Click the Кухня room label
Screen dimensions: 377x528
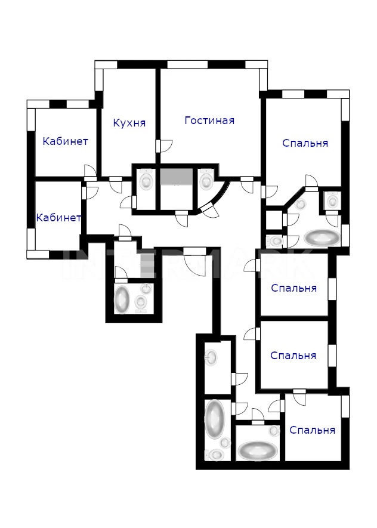click(129, 122)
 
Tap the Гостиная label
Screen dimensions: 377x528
click(209, 120)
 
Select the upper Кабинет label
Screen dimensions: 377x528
click(65, 141)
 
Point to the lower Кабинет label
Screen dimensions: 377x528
click(58, 218)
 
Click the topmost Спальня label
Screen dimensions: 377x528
click(305, 143)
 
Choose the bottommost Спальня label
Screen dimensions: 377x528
click(312, 430)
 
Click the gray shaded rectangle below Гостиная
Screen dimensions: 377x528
click(176, 177)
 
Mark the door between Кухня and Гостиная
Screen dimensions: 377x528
click(164, 146)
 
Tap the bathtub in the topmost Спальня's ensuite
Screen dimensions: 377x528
click(322, 237)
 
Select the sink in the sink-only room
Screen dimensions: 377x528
click(212, 357)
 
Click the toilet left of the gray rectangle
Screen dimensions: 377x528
click(146, 179)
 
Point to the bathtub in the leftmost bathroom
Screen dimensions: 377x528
click(122, 298)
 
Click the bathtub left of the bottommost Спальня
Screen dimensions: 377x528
click(258, 450)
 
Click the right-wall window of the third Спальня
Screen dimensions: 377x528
click(332, 355)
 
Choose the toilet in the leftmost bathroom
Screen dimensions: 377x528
click(140, 301)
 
